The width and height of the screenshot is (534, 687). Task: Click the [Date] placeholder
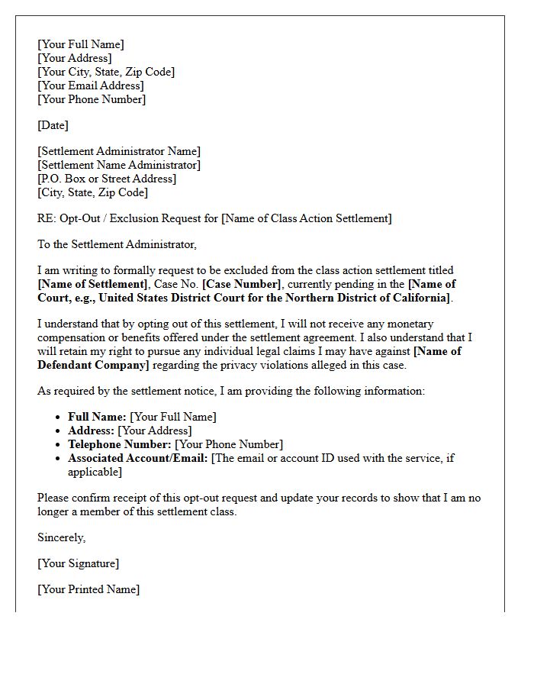coord(53,125)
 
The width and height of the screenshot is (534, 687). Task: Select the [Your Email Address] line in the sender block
coord(90,85)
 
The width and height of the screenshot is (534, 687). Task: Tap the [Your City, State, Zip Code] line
coord(105,72)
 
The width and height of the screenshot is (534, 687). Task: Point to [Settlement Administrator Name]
coord(119,151)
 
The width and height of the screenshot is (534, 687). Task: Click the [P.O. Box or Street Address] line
coord(107,179)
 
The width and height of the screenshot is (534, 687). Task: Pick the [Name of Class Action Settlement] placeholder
coord(307,218)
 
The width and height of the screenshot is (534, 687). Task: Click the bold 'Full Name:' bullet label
coord(97,417)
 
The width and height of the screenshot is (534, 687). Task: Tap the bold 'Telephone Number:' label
coord(119,444)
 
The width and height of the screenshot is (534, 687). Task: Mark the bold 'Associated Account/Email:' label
coord(137,458)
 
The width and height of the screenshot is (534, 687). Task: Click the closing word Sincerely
coord(61,537)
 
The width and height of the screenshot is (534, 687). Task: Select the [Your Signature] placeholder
coord(78,563)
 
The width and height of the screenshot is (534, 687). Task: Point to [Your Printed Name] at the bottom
coord(88,589)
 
